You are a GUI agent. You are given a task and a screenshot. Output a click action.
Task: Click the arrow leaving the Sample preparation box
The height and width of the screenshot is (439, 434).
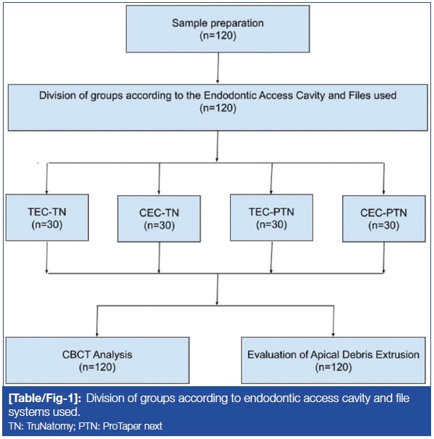pos(218,70)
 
